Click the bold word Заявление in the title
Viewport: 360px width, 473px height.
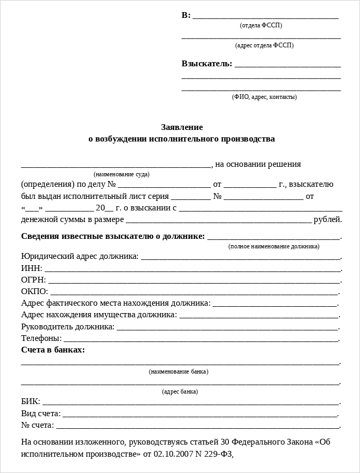(x=182, y=127)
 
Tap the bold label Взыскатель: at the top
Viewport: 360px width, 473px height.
(x=207, y=64)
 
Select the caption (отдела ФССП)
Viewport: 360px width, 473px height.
(x=261, y=25)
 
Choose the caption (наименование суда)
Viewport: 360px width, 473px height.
(x=122, y=174)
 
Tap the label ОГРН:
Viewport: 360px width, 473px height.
(x=33, y=279)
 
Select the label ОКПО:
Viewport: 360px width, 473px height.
(x=34, y=291)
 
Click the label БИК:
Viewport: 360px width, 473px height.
(x=30, y=402)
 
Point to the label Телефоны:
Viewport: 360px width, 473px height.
(x=41, y=338)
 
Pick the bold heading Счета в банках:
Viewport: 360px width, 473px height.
(x=53, y=350)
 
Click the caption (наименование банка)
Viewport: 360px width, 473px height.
(x=178, y=371)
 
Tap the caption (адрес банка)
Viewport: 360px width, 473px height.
(x=180, y=391)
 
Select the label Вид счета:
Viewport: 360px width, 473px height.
(x=41, y=414)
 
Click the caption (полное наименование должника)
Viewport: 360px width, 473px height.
(x=274, y=246)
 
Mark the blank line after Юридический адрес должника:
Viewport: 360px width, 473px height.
(x=241, y=258)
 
